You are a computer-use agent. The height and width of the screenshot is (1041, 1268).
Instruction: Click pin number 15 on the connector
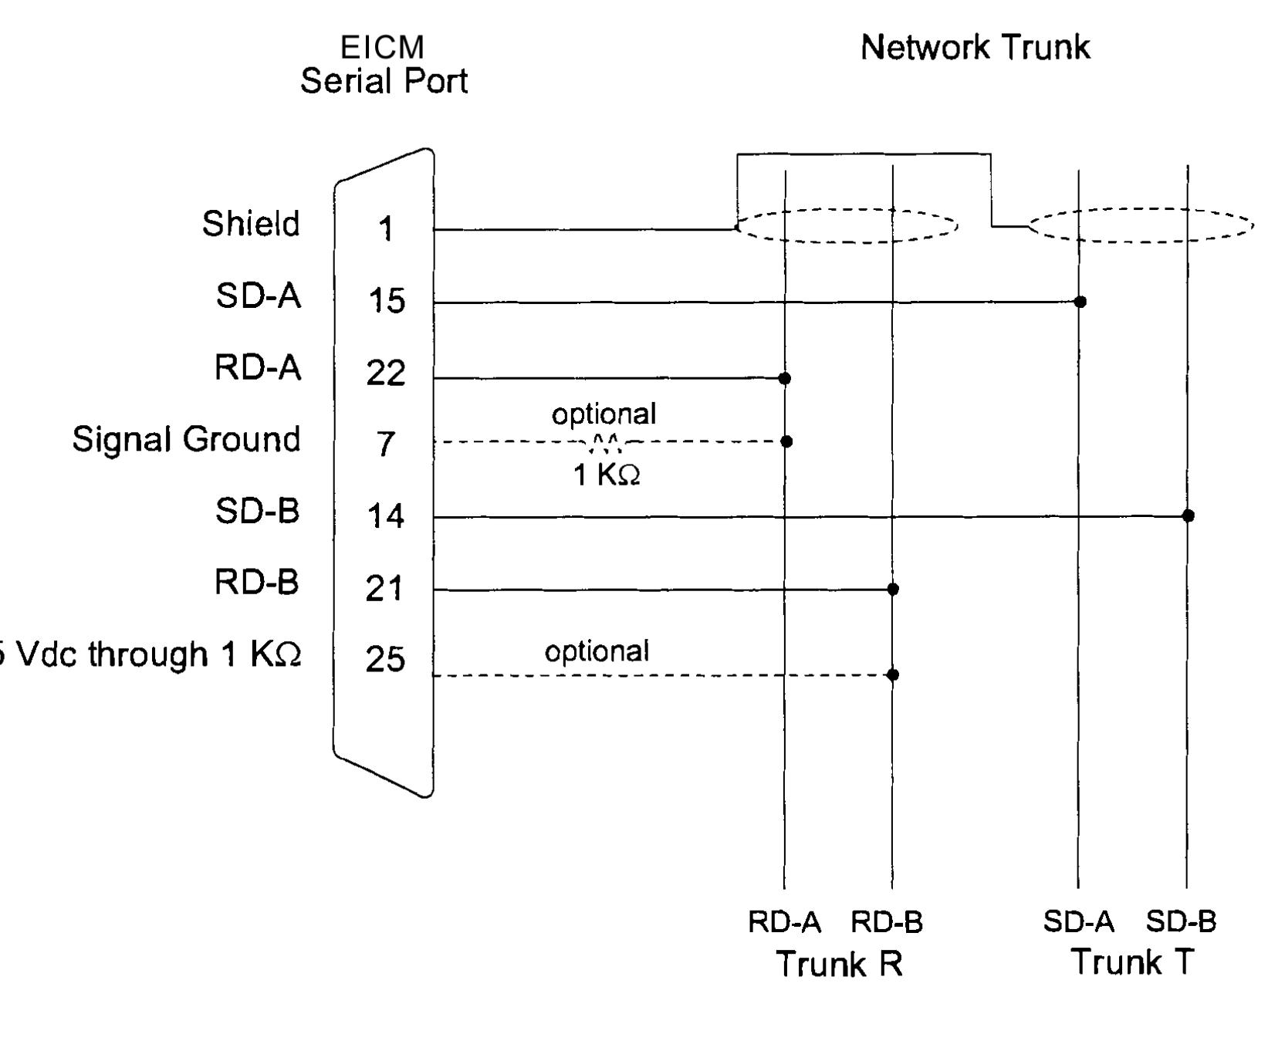tap(387, 300)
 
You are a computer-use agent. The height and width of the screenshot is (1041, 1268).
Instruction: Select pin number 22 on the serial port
tap(386, 373)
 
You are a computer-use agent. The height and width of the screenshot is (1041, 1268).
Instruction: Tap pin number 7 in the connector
tap(386, 444)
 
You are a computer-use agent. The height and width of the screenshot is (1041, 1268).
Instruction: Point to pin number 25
tap(385, 658)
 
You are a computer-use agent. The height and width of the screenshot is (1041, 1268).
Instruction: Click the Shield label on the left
tap(251, 224)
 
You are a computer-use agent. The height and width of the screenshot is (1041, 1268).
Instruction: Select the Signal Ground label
tap(186, 439)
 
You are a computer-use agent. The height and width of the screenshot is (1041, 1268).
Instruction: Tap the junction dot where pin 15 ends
tap(1080, 302)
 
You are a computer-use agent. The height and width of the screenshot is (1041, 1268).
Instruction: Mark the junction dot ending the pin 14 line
tap(1189, 515)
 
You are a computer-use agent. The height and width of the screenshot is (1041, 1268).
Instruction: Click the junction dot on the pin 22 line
tap(785, 378)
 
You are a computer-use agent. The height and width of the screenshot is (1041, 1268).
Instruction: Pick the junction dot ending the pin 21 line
tap(893, 589)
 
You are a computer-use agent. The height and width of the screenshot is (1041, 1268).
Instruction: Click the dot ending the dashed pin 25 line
tap(893, 674)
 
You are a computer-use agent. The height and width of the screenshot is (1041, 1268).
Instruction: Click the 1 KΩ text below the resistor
tap(606, 475)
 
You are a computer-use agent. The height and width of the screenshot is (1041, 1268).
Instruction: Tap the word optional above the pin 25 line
tap(597, 651)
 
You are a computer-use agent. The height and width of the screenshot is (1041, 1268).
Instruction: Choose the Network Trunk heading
tap(975, 47)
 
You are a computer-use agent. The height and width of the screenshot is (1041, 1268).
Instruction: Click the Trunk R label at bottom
tap(839, 963)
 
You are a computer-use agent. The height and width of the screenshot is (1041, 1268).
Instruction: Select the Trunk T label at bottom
tap(1132, 962)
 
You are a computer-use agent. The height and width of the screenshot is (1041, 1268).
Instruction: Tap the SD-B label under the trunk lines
tap(1181, 921)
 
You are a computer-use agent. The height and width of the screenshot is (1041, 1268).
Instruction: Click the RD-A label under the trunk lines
tap(784, 922)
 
